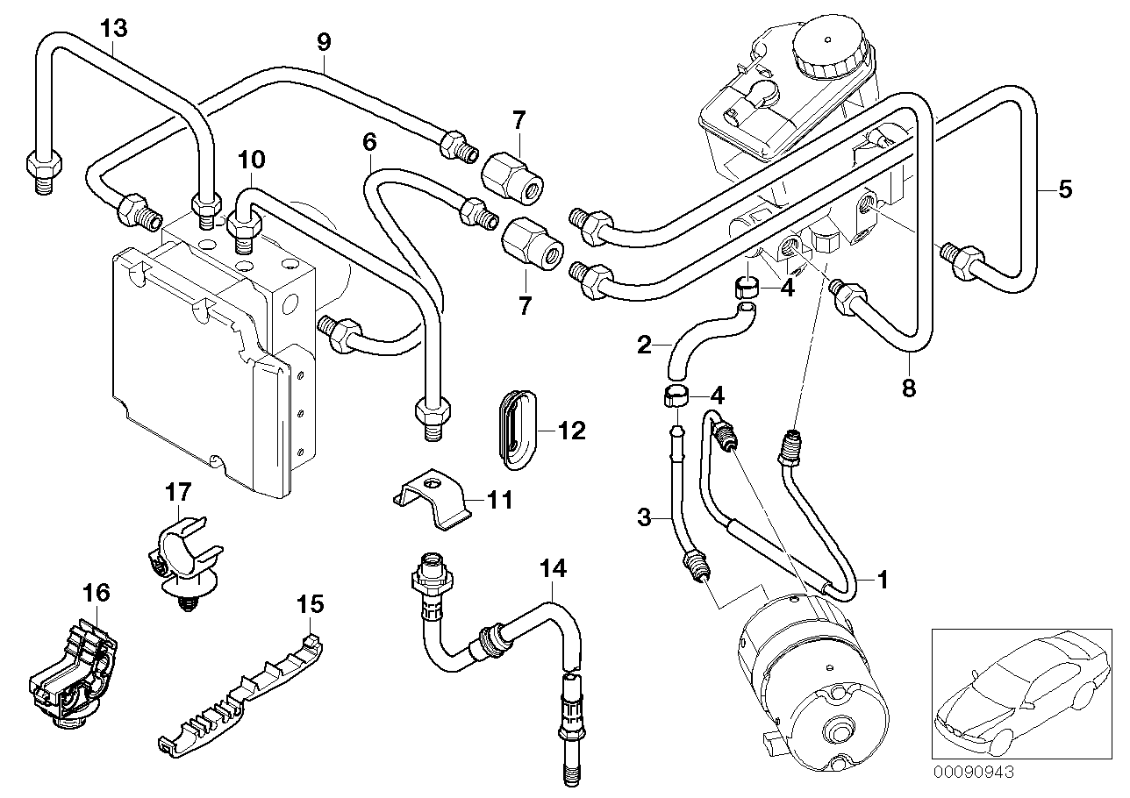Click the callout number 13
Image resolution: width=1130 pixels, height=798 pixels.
coord(113,28)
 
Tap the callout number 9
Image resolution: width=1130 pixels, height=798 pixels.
coord(324,39)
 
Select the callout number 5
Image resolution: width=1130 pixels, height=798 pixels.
coord(1064,189)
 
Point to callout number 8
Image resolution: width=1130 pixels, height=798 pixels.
coord(908,388)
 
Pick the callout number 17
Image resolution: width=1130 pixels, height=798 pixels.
coord(177,494)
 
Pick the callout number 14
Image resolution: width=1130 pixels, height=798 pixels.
coord(553,569)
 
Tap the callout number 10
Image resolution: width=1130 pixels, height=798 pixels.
coord(250,160)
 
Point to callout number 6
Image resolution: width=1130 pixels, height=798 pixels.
coord(369,139)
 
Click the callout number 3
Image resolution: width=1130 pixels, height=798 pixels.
coord(644,517)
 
